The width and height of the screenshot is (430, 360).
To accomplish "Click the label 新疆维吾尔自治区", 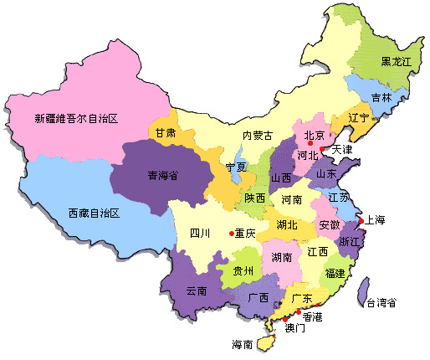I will click(76, 119).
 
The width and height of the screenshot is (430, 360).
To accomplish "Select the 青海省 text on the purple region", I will click(164, 176).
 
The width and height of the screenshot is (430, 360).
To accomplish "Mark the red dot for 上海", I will click(361, 221).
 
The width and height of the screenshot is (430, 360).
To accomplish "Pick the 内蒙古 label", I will click(257, 136).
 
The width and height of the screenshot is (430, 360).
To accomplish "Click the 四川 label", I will click(200, 233).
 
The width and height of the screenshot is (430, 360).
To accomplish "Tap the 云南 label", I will click(196, 291).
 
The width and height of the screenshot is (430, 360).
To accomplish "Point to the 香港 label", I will click(312, 318).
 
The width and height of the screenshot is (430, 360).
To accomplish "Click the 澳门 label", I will click(295, 329).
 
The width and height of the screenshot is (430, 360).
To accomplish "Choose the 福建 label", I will click(335, 274).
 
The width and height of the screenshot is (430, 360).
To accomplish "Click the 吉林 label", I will click(381, 97).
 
